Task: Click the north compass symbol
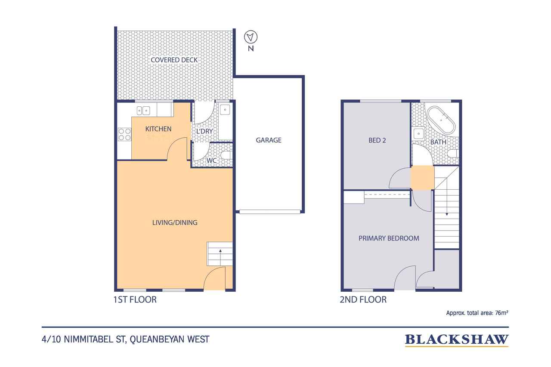(x=250, y=37)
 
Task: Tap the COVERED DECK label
(x=174, y=60)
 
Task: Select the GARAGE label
(x=269, y=140)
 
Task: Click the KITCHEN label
(x=158, y=129)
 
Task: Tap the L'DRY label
(x=205, y=131)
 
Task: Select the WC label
(x=211, y=161)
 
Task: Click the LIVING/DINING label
(x=175, y=222)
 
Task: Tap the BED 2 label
(x=377, y=140)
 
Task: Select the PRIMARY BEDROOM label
(x=389, y=238)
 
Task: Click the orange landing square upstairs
(x=422, y=177)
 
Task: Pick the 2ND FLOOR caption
(x=363, y=299)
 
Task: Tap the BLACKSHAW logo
(x=456, y=339)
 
